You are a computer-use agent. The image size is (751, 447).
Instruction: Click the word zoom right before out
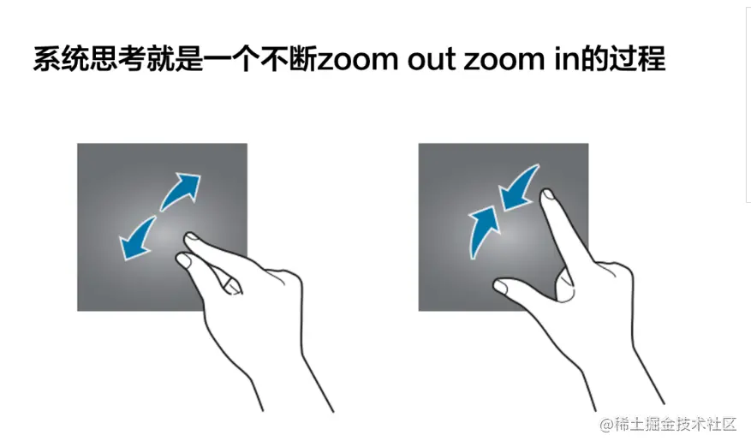coord(354,62)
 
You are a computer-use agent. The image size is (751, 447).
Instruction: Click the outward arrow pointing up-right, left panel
coord(181,191)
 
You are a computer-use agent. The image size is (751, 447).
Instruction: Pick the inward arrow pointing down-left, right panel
coord(519,188)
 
